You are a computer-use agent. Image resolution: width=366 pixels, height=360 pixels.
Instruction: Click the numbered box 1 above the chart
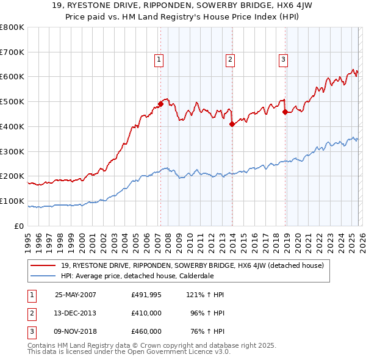pyautogui.click(x=159, y=59)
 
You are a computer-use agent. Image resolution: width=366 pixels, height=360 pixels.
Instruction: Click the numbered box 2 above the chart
pyautogui.click(x=230, y=59)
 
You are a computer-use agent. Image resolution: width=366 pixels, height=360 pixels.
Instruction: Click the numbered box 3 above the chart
pyautogui.click(x=284, y=59)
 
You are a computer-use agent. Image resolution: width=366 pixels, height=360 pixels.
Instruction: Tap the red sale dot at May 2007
pyautogui.click(x=161, y=103)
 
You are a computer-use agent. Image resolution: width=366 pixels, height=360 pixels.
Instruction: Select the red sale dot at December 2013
pyautogui.click(x=232, y=124)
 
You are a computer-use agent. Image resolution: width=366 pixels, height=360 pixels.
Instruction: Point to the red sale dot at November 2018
pyautogui.click(x=285, y=111)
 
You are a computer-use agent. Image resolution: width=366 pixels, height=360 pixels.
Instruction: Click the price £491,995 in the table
pyautogui.click(x=146, y=294)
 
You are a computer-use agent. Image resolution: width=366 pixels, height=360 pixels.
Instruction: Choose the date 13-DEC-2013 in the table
pyautogui.click(x=76, y=313)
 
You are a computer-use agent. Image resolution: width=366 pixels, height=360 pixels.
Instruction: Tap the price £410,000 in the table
pyautogui.click(x=146, y=313)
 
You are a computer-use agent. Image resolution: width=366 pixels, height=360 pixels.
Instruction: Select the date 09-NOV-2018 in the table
pyautogui.click(x=76, y=331)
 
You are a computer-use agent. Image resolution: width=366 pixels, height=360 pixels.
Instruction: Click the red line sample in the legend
pyautogui.click(x=44, y=265)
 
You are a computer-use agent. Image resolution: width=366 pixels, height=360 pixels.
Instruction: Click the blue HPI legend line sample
pyautogui.click(x=44, y=275)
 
